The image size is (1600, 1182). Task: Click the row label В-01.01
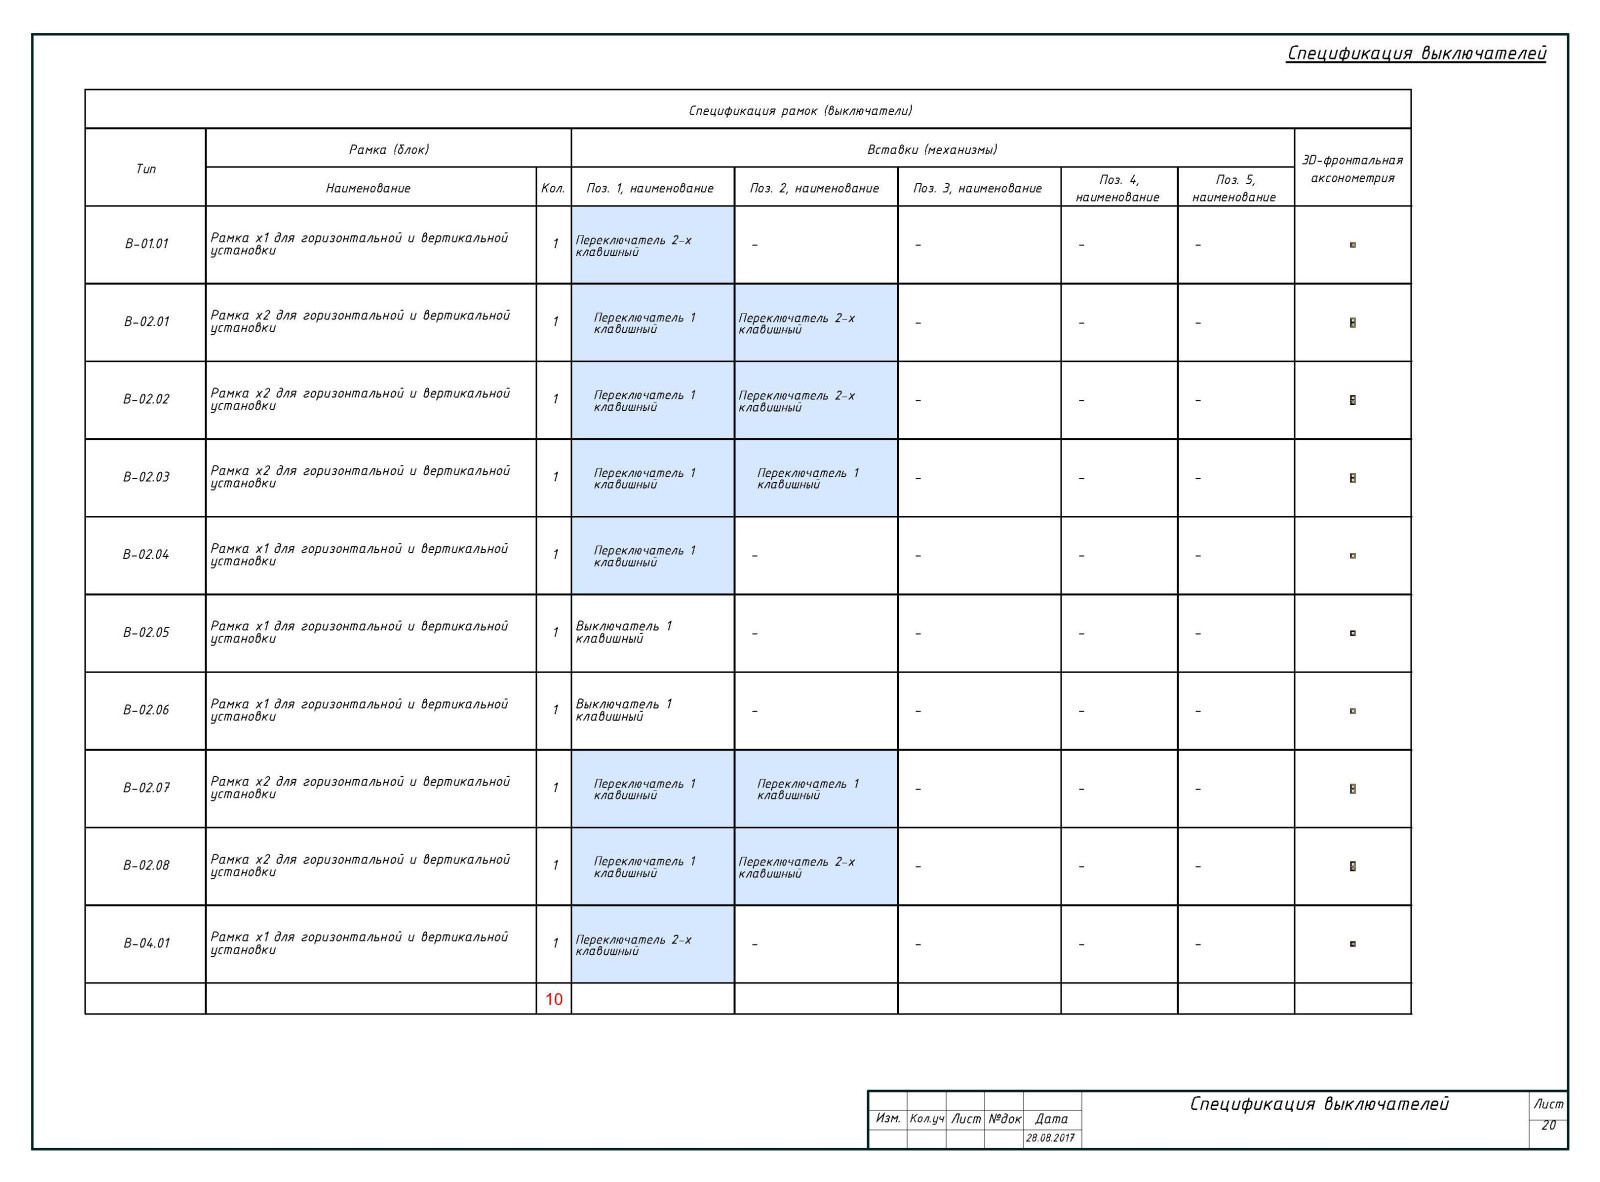(x=146, y=244)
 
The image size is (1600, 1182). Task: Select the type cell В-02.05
(x=146, y=633)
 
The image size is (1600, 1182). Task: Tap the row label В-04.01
(x=146, y=943)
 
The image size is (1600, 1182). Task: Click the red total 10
(x=553, y=999)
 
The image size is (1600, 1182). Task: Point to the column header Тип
(x=146, y=168)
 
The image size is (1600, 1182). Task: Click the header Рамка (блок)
(x=388, y=149)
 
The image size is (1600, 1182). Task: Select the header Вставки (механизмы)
(x=932, y=149)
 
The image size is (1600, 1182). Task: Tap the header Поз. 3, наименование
(x=978, y=188)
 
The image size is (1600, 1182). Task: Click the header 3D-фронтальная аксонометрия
(x=1352, y=168)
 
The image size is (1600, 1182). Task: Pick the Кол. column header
(x=553, y=188)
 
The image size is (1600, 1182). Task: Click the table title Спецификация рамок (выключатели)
(x=800, y=110)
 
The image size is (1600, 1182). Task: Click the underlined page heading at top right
(x=1416, y=53)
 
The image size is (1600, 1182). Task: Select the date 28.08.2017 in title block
(x=1050, y=1138)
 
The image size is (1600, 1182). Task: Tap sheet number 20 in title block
(x=1548, y=1125)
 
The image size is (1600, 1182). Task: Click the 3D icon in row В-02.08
(x=1352, y=866)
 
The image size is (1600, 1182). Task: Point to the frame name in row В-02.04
(x=360, y=555)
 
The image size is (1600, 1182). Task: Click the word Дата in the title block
(x=1051, y=1119)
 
